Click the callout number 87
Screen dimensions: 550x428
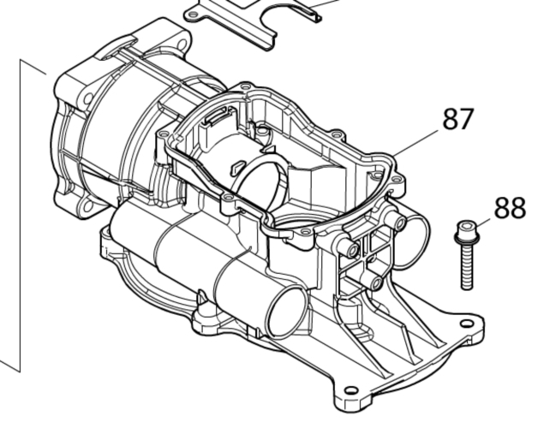pyautogui.click(x=458, y=119)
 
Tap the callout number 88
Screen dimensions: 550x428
pyautogui.click(x=510, y=208)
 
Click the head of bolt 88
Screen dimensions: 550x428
pyautogui.click(x=467, y=229)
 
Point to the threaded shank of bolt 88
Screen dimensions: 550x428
pyautogui.click(x=466, y=266)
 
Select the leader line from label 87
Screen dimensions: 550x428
pyautogui.click(x=416, y=143)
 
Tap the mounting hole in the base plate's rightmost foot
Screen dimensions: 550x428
pyautogui.click(x=467, y=324)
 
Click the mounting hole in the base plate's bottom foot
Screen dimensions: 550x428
pyautogui.click(x=350, y=390)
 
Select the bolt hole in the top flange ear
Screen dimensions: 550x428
pyautogui.click(x=182, y=45)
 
